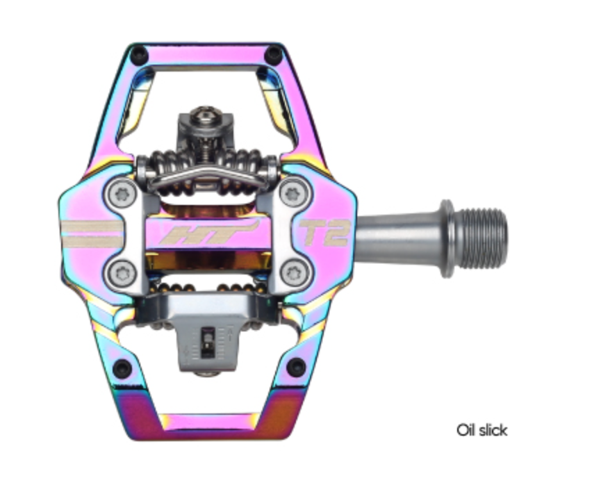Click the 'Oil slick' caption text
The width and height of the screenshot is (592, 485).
click(482, 430)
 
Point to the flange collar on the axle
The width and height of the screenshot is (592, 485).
click(446, 237)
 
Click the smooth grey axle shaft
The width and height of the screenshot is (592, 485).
click(396, 236)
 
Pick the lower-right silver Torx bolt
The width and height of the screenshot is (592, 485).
click(295, 272)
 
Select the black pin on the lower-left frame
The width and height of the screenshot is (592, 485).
click(123, 368)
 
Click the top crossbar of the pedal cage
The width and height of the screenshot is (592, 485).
click(207, 55)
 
